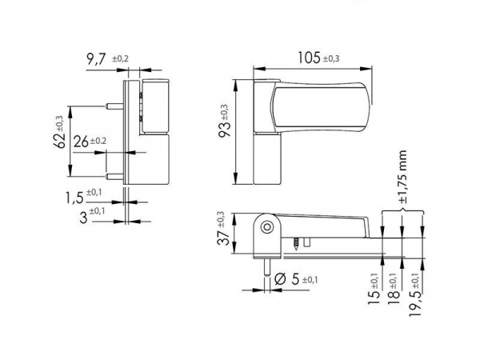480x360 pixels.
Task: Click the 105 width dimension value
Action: pos(309,58)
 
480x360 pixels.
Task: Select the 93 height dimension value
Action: pos(224,130)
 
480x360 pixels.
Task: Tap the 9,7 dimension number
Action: pos(96,58)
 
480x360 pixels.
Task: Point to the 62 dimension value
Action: pos(60,141)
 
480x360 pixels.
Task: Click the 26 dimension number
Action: pos(81,142)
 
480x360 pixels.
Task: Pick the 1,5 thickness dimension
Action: pos(74,198)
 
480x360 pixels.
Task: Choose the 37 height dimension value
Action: pos(223,237)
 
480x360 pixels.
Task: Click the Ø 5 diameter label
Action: pos(286,279)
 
